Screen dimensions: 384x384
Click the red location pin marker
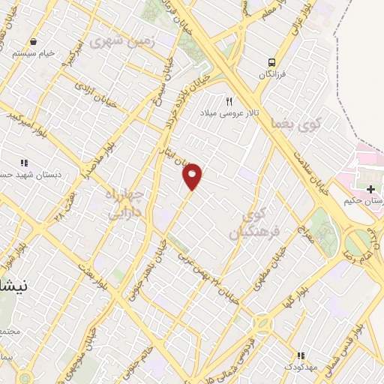click(x=193, y=175)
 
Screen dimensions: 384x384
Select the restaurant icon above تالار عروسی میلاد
click(x=229, y=100)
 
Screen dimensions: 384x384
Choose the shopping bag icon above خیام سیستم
click(x=32, y=41)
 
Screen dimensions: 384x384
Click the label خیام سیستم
click(x=32, y=54)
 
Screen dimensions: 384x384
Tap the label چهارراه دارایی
click(x=124, y=202)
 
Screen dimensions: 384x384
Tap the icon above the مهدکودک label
click(x=301, y=355)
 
